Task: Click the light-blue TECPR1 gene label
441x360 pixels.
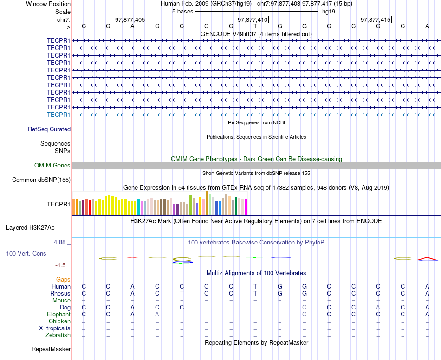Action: (58, 115)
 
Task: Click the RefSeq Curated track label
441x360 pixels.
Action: (49, 129)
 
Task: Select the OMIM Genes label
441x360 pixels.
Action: (52, 165)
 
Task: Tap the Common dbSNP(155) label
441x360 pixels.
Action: (41, 180)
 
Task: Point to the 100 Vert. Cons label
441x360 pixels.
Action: (26, 254)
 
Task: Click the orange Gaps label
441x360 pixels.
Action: (63, 279)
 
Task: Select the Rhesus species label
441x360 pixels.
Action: (60, 293)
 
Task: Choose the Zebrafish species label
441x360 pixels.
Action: (58, 335)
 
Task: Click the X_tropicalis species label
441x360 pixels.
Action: (55, 328)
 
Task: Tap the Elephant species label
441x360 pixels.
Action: (58, 314)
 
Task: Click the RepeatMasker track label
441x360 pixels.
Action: (51, 349)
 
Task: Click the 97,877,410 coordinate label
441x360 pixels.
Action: (253, 20)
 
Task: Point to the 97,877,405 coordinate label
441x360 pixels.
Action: (130, 20)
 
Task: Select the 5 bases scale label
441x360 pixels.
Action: (182, 11)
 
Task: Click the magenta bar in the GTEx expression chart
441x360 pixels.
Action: (246, 206)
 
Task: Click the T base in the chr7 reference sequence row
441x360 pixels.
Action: (255, 26)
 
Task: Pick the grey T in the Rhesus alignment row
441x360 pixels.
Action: (182, 293)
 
